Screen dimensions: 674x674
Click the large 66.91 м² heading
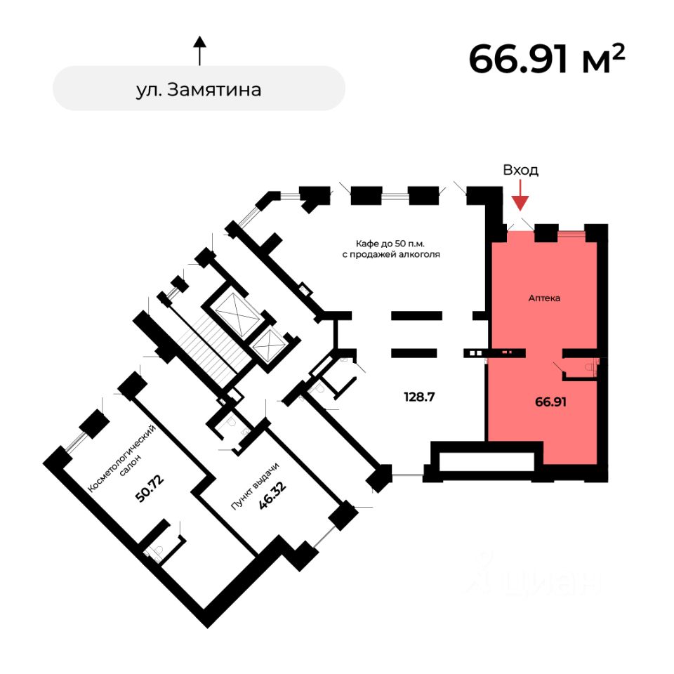pos(546,58)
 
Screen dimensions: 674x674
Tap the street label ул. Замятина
pos(199,89)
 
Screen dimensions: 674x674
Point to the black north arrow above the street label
pos(200,51)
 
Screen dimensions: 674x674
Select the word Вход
pos(520,170)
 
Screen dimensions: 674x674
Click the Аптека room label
pos(544,298)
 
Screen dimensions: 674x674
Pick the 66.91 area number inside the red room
pos(551,402)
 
